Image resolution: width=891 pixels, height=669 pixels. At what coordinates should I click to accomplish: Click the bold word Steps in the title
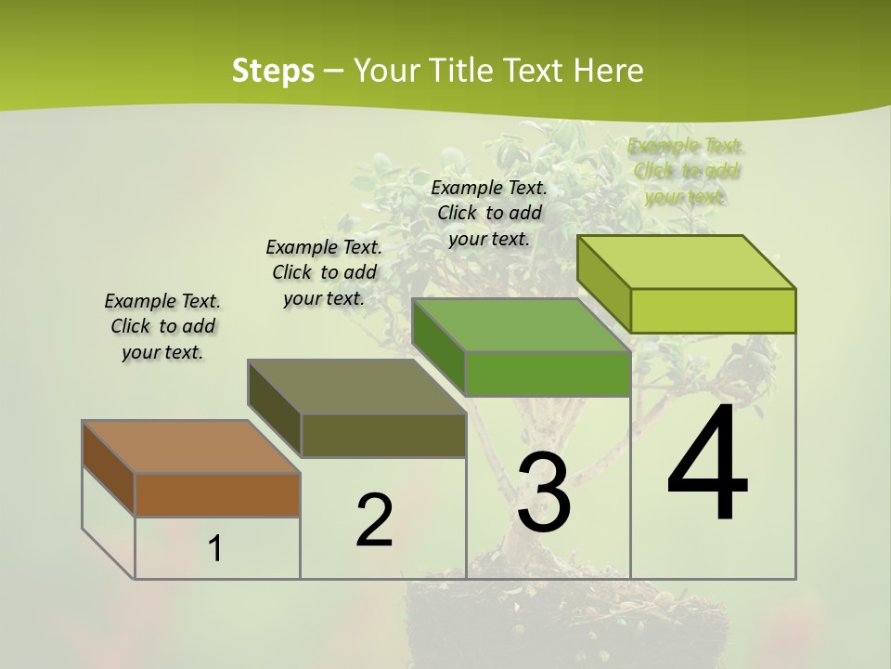tap(272, 71)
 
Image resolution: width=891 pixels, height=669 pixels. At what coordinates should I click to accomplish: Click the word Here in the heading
tap(609, 71)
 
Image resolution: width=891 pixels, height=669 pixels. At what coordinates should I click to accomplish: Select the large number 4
tap(708, 464)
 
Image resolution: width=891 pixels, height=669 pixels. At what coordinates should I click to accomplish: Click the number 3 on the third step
tap(544, 493)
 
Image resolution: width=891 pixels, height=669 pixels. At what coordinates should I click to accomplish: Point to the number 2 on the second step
tap(374, 520)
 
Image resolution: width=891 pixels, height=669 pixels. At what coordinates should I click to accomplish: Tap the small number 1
tap(214, 548)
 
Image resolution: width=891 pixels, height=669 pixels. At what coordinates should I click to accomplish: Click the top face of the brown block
tap(191, 447)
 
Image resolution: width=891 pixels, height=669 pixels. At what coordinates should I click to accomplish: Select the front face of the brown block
tap(217, 494)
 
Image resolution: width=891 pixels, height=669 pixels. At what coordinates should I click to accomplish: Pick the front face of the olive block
tap(383, 435)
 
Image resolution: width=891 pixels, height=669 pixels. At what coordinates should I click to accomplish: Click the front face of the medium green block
tap(548, 374)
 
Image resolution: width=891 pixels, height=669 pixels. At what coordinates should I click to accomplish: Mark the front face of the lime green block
tap(713, 310)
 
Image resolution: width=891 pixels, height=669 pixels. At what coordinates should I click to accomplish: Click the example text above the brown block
tap(162, 326)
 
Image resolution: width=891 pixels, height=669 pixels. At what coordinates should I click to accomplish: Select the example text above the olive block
tap(324, 272)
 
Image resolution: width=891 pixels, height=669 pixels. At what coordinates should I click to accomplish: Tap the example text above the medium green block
tap(489, 213)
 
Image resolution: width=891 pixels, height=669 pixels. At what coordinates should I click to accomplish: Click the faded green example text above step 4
tap(686, 171)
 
